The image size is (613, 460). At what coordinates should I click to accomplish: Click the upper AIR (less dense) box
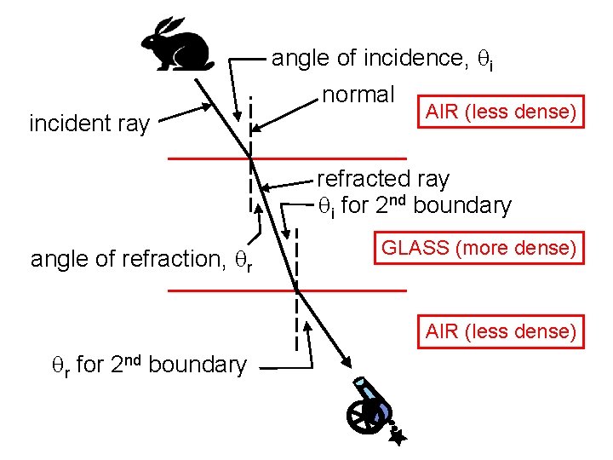point(501,112)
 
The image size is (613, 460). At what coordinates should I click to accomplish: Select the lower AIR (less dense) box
point(501,331)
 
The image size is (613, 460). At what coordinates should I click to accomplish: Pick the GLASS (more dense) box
point(479,248)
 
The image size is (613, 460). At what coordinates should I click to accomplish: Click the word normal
point(358,94)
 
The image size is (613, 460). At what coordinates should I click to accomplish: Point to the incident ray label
point(89,124)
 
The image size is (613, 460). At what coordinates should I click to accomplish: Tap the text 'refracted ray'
point(383,179)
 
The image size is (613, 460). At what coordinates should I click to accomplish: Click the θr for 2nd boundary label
point(147,365)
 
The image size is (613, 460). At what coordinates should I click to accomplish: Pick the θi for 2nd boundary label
point(414,205)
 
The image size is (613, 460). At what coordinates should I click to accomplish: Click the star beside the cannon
point(398,436)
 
